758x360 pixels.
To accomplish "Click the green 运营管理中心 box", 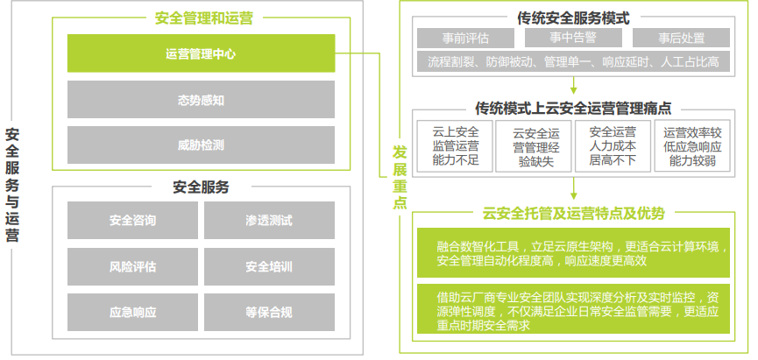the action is (201, 53).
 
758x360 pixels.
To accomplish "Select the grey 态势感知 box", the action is (201, 99).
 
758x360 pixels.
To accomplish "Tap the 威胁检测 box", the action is (201, 145).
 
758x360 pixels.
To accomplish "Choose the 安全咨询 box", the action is (133, 220).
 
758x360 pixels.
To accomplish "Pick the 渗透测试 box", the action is (269, 220).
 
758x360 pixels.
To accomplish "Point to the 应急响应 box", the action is (133, 312).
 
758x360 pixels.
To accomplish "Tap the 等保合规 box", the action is (269, 312).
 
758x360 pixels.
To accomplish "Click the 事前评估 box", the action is (465, 38).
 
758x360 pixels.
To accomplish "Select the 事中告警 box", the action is (572, 38).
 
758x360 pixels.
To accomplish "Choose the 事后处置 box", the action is (681, 38).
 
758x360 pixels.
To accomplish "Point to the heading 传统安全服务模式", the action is (573, 17).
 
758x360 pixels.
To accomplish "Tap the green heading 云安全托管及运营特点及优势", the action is (573, 213).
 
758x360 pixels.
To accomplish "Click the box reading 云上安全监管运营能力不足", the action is (456, 146).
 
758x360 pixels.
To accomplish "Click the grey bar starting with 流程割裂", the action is (573, 61).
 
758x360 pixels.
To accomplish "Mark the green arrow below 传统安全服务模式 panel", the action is (573, 86).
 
